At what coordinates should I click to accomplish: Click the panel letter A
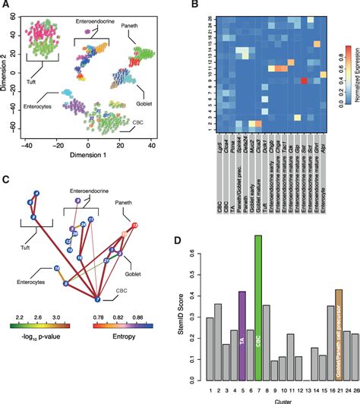[6, 6]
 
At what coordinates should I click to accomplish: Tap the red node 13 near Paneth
[135, 226]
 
